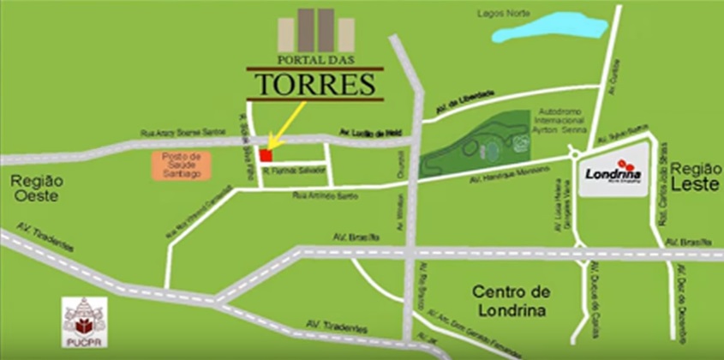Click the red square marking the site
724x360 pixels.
[x=266, y=155]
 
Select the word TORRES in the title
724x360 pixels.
[x=315, y=85]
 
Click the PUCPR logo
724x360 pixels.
[x=85, y=321]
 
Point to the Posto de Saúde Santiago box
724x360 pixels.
[x=181, y=165]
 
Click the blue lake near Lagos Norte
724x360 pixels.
[x=548, y=27]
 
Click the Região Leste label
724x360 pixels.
[x=695, y=175]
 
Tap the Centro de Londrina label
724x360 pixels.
[x=510, y=301]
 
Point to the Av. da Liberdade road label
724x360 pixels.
[x=465, y=101]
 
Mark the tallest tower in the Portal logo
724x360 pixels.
[x=326, y=29]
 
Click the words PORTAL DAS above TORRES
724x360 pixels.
[x=315, y=60]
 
